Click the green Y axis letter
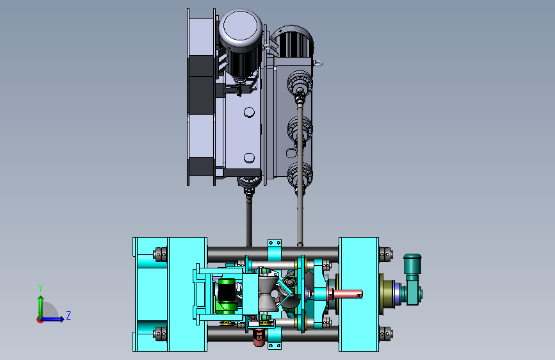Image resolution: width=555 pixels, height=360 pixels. point(40,288)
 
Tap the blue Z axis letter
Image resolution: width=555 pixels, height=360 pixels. point(68,315)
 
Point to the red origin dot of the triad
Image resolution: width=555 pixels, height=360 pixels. point(40,320)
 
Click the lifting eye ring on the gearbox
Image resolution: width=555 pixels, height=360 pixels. point(318,63)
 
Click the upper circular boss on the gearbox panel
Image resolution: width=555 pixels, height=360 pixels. point(249,112)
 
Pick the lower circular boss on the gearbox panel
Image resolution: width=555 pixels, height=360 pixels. point(249,158)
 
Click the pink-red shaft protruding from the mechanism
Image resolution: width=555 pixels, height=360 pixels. point(348,294)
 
